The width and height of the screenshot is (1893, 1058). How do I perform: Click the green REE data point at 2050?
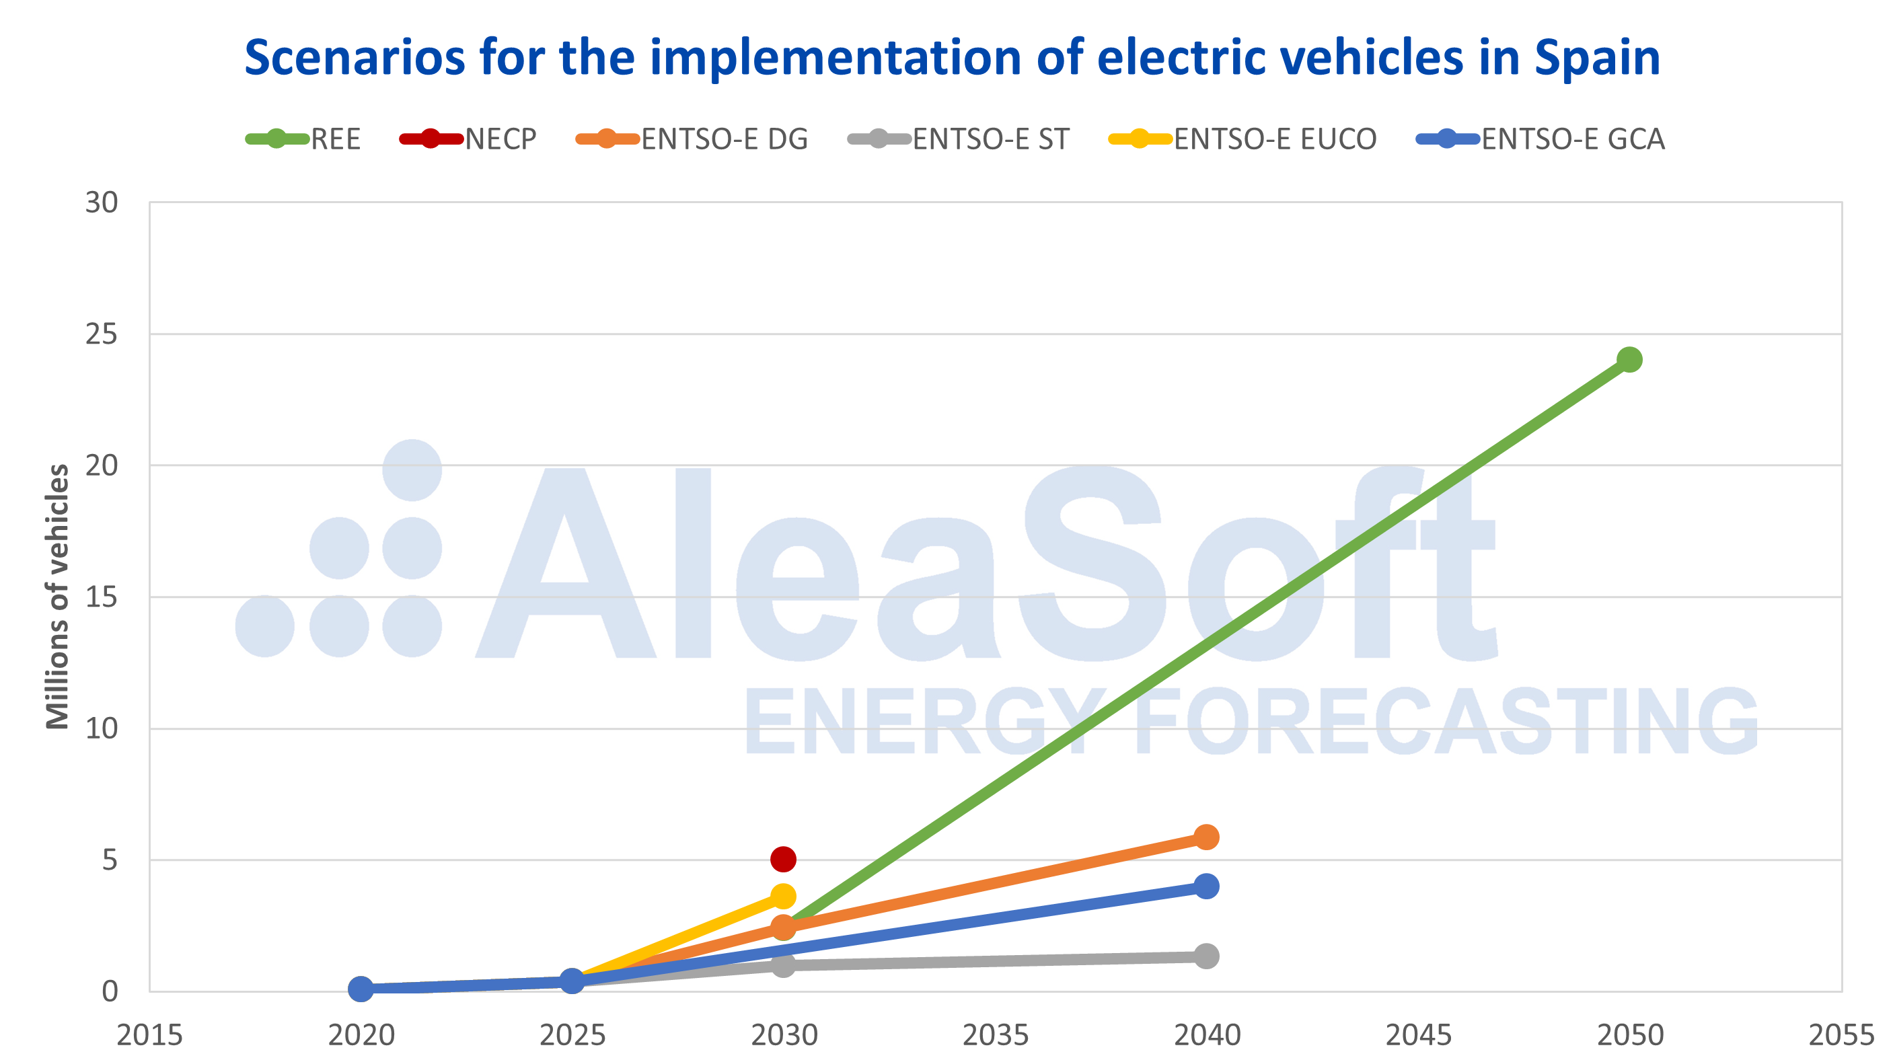(x=1629, y=359)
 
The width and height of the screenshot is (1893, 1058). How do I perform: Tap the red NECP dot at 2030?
(x=783, y=858)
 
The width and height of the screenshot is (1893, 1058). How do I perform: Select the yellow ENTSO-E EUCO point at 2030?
(x=783, y=896)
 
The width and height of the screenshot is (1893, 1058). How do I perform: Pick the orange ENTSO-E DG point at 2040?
(x=1206, y=837)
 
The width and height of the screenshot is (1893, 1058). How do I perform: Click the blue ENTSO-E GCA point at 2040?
(x=1206, y=886)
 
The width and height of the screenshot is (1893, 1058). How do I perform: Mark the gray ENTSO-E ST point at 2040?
(x=1206, y=956)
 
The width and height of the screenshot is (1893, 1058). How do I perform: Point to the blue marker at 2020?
(x=360, y=989)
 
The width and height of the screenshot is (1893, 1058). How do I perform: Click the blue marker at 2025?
(x=572, y=981)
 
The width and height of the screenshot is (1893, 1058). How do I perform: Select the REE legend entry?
(x=303, y=139)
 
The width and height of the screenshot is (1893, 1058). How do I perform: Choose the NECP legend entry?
(x=469, y=139)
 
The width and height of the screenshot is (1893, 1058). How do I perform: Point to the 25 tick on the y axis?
(x=102, y=334)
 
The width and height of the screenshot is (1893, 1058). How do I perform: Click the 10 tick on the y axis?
(x=102, y=728)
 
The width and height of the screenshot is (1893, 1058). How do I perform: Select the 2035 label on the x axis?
(x=995, y=1034)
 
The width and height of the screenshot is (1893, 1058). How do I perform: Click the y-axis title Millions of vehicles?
(x=57, y=597)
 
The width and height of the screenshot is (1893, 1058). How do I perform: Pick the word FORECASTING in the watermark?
(x=1446, y=723)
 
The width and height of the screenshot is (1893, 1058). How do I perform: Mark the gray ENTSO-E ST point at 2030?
(x=783, y=965)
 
